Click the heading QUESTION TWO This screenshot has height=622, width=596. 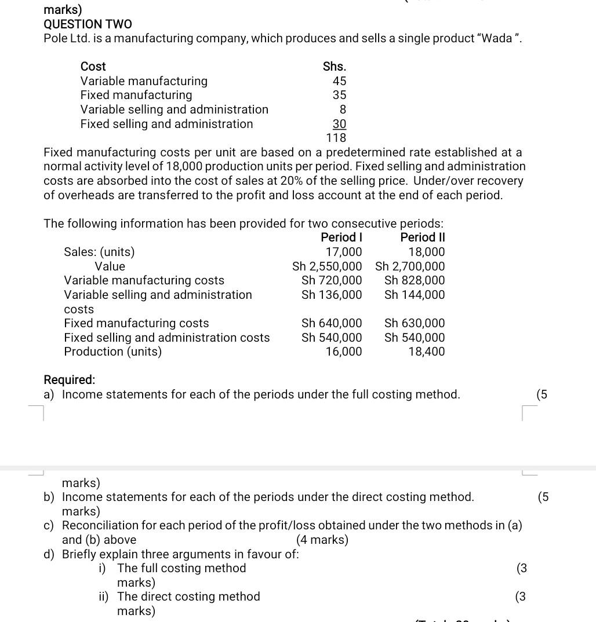pyautogui.click(x=88, y=24)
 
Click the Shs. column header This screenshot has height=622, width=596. pyautogui.click(x=335, y=67)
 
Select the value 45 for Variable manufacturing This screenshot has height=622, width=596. pyautogui.click(x=339, y=81)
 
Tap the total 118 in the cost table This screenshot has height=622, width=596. pyautogui.click(x=336, y=138)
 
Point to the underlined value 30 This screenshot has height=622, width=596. pyautogui.click(x=339, y=124)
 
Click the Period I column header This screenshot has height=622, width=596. pyautogui.click(x=341, y=237)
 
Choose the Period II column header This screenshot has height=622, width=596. pyautogui.click(x=422, y=237)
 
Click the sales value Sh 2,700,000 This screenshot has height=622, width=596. pyautogui.click(x=410, y=266)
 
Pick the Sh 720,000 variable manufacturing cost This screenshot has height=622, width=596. pyautogui.click(x=332, y=280)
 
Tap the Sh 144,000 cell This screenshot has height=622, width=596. pyautogui.click(x=415, y=295)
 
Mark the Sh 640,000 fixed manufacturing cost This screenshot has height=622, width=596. pyautogui.click(x=332, y=323)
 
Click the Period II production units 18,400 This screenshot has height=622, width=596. pyautogui.click(x=426, y=352)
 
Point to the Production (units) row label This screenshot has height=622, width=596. pyautogui.click(x=112, y=352)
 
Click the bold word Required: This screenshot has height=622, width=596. pyautogui.click(x=70, y=380)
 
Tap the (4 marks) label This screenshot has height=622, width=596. pyautogui.click(x=322, y=540)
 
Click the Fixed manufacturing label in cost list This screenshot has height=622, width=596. pyautogui.click(x=136, y=95)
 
